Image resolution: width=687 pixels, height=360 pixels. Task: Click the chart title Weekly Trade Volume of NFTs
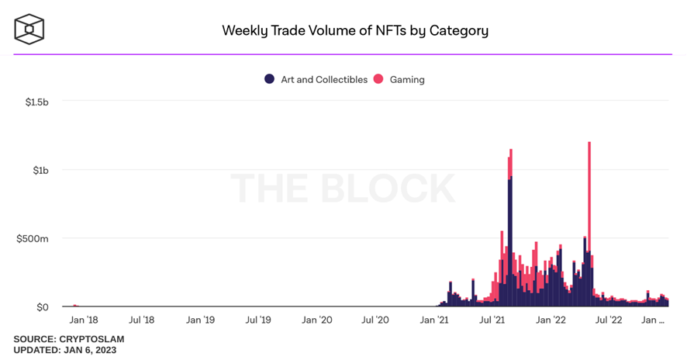coord(355,31)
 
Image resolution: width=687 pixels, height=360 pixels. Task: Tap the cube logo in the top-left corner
coord(29,29)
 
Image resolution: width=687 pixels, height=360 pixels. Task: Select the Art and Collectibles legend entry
coord(316,79)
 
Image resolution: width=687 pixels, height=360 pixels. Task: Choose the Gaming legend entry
coord(399,79)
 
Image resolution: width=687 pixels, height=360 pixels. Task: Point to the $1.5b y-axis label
coord(35,102)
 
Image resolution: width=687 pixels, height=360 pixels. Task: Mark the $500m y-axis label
coord(33,238)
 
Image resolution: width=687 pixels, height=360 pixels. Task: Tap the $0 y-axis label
coord(42,307)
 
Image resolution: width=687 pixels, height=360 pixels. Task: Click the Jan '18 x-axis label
coord(83,320)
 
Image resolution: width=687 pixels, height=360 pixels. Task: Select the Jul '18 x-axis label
coord(141,320)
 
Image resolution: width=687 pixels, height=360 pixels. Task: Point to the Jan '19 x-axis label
coord(200,320)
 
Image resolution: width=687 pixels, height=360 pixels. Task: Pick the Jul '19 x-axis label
coord(258,320)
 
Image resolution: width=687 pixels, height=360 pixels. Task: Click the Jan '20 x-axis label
coord(316,320)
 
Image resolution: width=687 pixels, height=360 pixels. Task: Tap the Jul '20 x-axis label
coord(375,320)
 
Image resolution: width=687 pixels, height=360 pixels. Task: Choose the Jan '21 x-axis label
coord(433,320)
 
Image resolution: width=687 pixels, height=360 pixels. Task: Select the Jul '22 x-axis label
coord(609,320)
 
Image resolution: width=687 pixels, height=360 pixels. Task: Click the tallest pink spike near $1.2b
coord(590,194)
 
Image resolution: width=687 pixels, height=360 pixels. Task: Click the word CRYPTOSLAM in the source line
coord(91,339)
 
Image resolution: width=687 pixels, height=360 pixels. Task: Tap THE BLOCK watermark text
coord(343,189)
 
